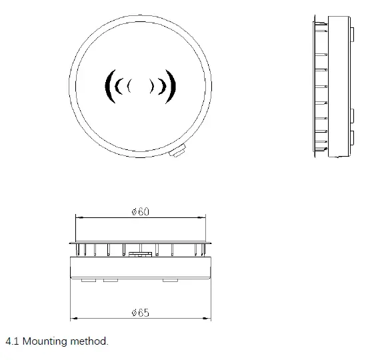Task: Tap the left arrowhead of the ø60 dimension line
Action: point(77,217)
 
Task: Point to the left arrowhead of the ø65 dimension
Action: point(72,318)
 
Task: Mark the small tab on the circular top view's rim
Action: point(177,152)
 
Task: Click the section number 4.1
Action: point(11,341)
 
